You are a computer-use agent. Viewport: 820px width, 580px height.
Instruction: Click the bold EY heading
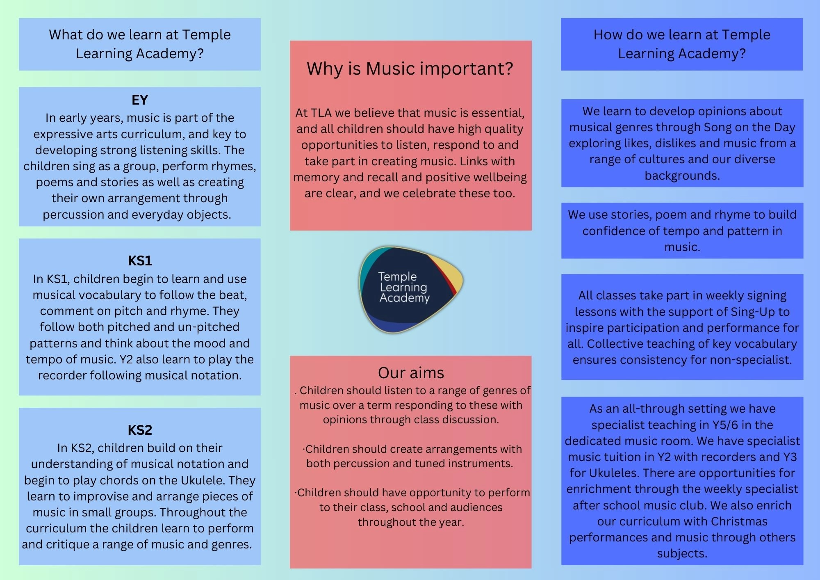click(x=140, y=100)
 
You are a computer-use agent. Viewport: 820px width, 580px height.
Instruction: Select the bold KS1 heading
click(x=140, y=261)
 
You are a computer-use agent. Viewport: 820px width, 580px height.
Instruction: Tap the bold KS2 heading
click(x=140, y=430)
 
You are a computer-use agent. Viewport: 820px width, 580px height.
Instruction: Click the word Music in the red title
click(x=391, y=69)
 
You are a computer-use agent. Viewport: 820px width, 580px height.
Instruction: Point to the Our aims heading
click(x=411, y=372)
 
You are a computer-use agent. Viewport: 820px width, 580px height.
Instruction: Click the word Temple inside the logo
click(x=397, y=276)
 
